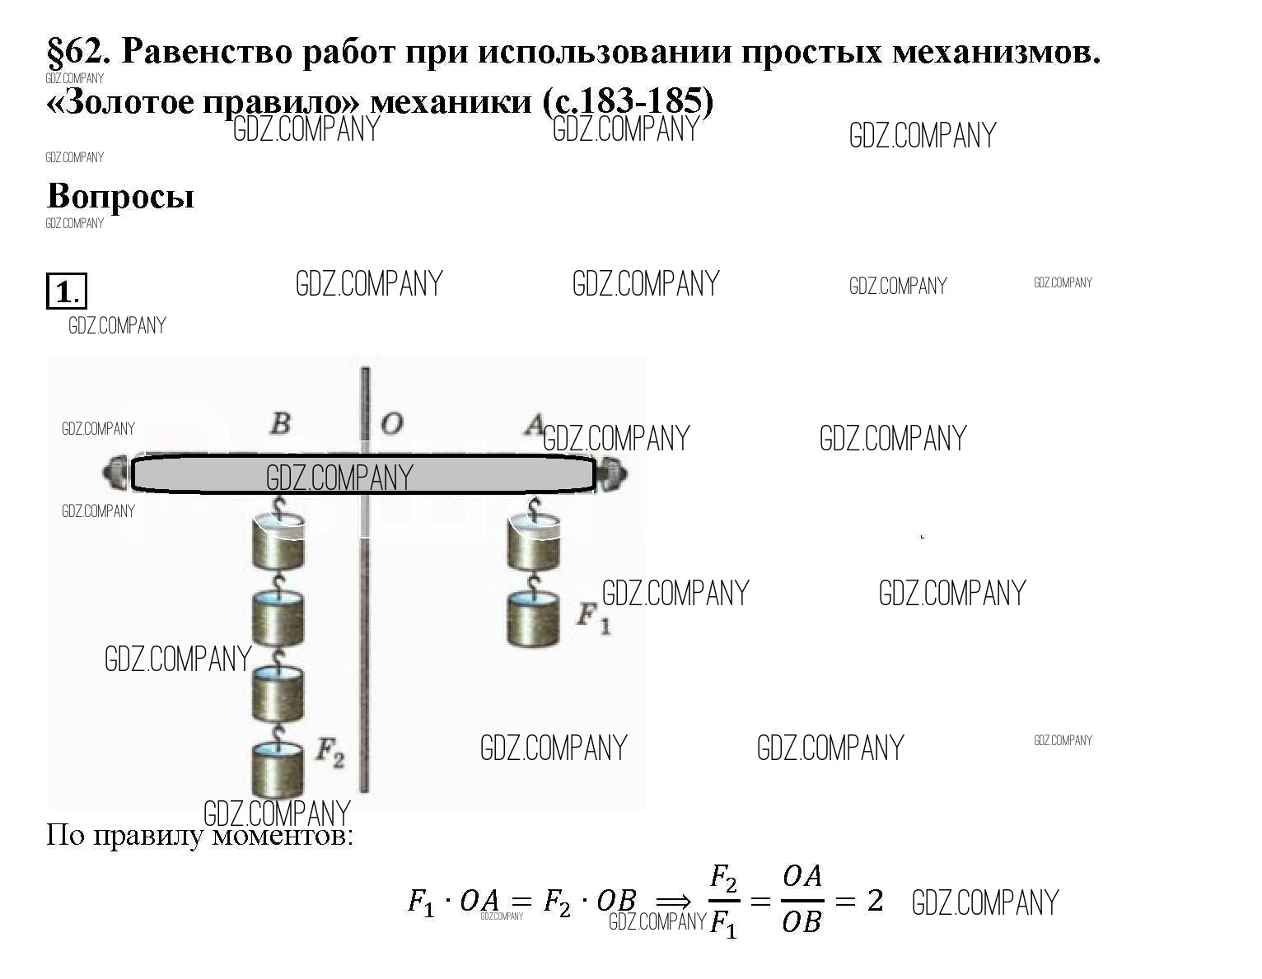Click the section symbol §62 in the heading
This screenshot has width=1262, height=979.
tap(79, 52)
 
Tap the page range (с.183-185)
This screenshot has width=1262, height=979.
tap(628, 101)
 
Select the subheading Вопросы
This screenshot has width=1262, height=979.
tap(121, 196)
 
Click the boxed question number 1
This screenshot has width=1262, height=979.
tap(66, 292)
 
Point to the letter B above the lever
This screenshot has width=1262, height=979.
tap(281, 423)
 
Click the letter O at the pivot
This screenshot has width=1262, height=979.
tap(391, 424)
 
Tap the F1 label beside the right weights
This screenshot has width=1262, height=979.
tap(592, 617)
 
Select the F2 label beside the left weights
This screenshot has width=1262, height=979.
tap(330, 753)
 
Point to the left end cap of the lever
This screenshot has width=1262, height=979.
tap(115, 474)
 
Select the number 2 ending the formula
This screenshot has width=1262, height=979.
tap(875, 901)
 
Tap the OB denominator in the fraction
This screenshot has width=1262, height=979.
tap(802, 922)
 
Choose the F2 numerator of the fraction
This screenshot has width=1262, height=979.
tap(723, 880)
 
